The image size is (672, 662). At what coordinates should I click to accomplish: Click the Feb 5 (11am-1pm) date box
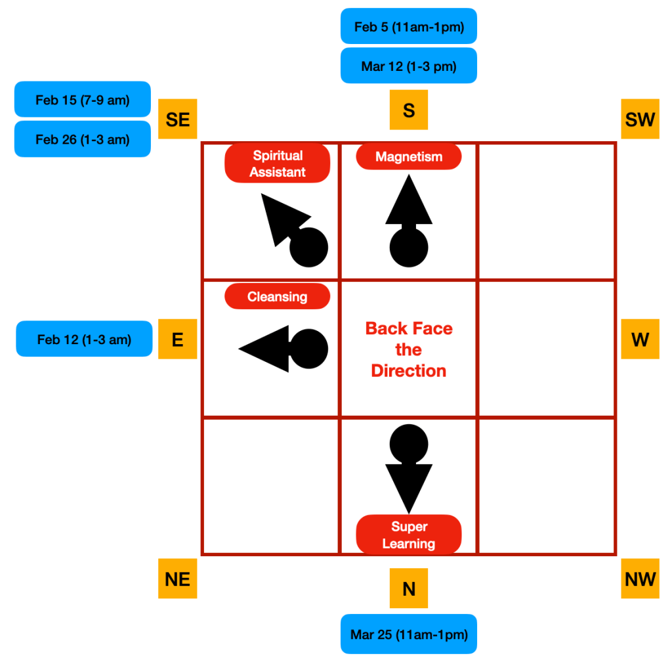[x=408, y=27]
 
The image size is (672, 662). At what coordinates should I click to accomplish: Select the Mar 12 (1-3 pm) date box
[x=408, y=66]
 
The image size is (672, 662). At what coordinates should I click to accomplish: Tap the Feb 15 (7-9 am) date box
[x=83, y=100]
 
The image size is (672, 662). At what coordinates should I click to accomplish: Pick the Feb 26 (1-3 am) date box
[x=83, y=139]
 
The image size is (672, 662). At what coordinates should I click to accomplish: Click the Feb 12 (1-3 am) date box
[x=84, y=339]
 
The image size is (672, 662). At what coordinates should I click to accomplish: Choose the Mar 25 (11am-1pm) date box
[x=408, y=634]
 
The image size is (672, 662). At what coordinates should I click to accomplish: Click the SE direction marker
[x=178, y=119]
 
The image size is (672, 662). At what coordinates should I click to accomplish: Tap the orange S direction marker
[x=408, y=110]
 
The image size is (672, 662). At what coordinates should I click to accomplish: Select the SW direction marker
[x=640, y=119]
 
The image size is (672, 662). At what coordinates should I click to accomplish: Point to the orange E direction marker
[x=178, y=339]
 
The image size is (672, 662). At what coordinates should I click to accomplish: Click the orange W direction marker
[x=640, y=339]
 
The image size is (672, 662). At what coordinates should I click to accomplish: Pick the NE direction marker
[x=178, y=579]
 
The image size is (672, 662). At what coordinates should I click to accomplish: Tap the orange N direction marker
[x=408, y=588]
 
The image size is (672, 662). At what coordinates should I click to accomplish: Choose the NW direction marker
[x=640, y=579]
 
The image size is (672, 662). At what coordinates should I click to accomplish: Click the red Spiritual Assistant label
[x=277, y=164]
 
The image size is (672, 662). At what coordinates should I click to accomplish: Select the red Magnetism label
[x=408, y=157]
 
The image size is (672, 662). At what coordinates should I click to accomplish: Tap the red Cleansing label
[x=277, y=296]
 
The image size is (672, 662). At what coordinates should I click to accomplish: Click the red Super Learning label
[x=408, y=535]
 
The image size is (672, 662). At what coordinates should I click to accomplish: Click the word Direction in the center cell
[x=408, y=370]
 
